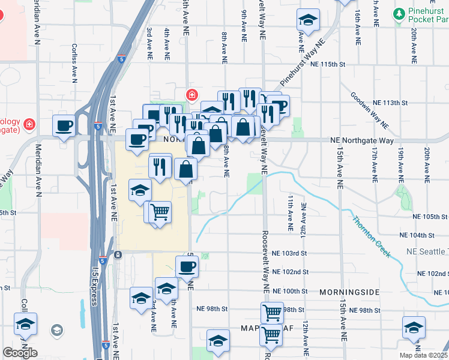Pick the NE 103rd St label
(290, 254)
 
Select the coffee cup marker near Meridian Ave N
(64, 125)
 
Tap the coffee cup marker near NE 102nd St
(187, 265)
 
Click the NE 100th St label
(290, 291)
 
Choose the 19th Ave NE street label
(400, 164)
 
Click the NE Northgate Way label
(362, 140)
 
